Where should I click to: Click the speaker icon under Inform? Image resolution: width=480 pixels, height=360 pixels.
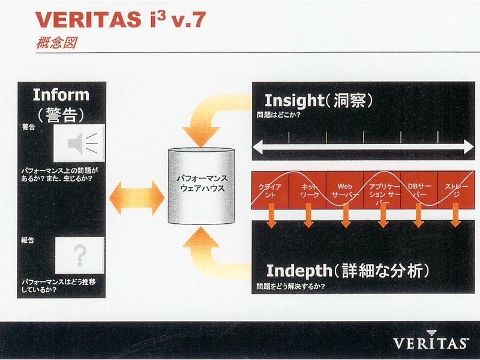[79, 143]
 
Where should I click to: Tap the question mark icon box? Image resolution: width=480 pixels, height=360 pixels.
[80, 256]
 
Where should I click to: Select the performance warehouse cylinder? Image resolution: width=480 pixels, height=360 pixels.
[201, 186]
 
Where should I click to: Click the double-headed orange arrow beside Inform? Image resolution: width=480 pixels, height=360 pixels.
[137, 198]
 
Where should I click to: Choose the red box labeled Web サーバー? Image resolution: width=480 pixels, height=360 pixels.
[344, 190]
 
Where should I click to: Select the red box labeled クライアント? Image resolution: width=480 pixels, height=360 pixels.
[270, 190]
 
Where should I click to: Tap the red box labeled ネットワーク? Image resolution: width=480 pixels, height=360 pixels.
[307, 190]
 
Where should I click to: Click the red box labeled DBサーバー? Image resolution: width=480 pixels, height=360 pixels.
[419, 190]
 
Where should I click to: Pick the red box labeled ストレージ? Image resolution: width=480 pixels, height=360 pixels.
[456, 190]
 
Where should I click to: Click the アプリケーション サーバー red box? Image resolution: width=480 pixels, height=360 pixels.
[382, 190]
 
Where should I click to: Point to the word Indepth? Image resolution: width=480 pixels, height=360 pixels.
[299, 271]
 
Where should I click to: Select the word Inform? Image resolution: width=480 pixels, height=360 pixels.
[61, 95]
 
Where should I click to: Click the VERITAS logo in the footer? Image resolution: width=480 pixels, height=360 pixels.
[431, 340]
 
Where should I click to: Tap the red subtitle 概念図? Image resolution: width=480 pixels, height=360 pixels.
[56, 43]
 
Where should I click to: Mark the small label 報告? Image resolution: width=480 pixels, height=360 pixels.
[28, 241]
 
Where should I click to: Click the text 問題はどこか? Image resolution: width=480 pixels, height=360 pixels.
[278, 115]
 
